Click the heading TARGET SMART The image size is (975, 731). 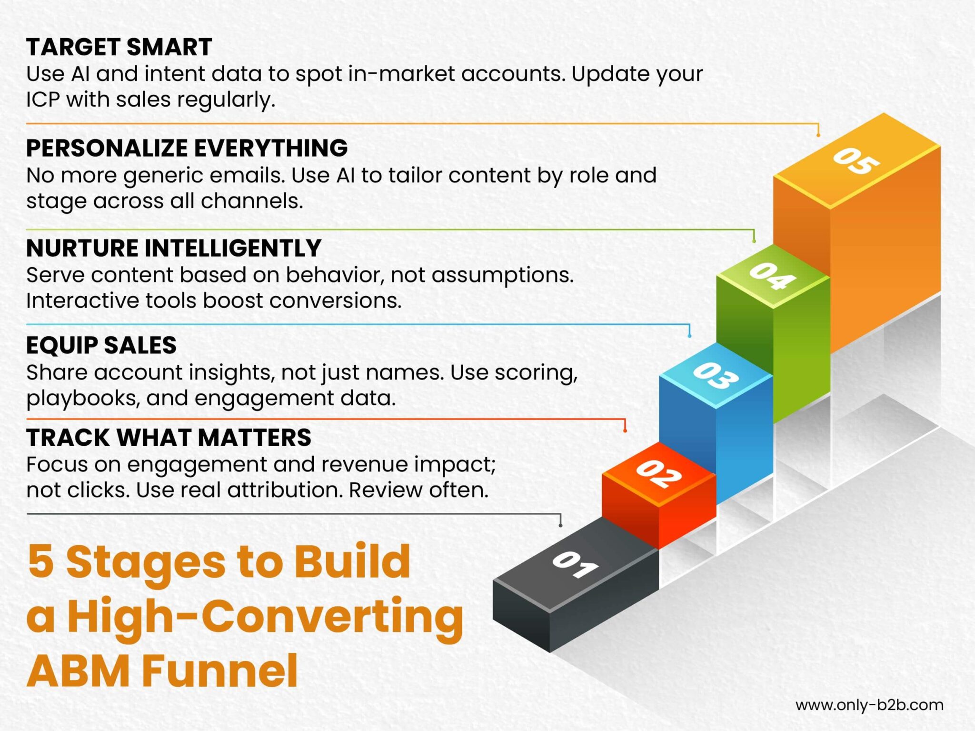[119, 47]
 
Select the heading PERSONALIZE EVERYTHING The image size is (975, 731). [187, 148]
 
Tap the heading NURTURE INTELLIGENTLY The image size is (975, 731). [174, 248]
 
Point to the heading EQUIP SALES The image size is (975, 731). [101, 345]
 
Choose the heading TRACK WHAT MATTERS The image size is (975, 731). [169, 438]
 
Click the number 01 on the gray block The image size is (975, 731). [575, 565]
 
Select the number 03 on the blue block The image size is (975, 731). [716, 376]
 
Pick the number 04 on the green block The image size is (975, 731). [773, 276]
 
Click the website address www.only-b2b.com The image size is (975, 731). [869, 705]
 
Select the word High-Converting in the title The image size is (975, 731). [265, 617]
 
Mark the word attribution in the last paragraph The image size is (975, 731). [285, 490]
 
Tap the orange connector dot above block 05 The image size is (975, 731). [818, 135]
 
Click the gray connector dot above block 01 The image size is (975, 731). [560, 525]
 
